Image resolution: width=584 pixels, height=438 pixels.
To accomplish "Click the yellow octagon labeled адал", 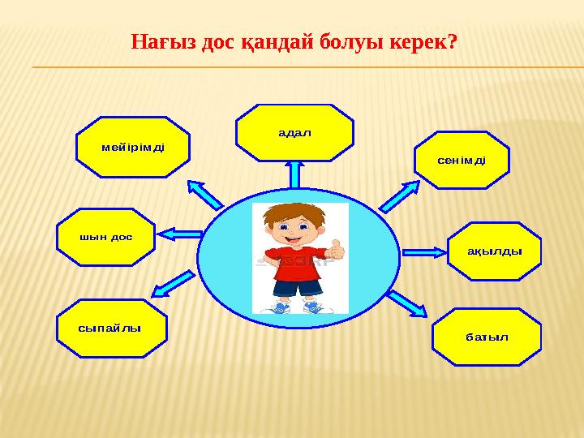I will point(294,132).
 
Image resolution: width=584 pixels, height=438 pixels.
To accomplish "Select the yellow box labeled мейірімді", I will point(133,147).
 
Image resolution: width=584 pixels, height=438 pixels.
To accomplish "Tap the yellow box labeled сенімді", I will point(462,160).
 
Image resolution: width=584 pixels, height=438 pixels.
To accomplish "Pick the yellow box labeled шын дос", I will point(105,237).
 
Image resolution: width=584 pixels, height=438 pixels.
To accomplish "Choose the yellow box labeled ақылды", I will point(494,251).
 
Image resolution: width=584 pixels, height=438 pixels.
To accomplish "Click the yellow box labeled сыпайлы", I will point(111,328).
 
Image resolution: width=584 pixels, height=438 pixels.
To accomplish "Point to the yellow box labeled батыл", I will point(487,337).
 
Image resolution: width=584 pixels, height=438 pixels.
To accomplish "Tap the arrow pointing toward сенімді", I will point(399,195).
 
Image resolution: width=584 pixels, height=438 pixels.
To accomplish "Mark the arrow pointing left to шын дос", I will point(178,234).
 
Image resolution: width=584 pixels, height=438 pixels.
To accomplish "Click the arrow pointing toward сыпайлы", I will point(174,283).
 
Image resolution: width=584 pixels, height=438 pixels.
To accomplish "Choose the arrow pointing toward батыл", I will point(406,303).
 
